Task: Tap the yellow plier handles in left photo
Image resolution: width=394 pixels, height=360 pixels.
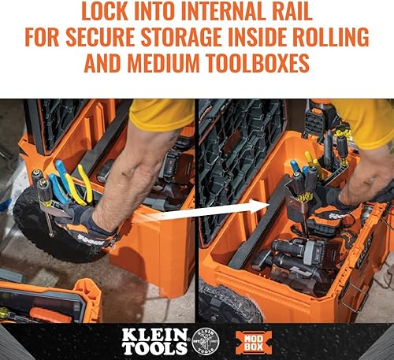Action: click(x=82, y=185)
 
